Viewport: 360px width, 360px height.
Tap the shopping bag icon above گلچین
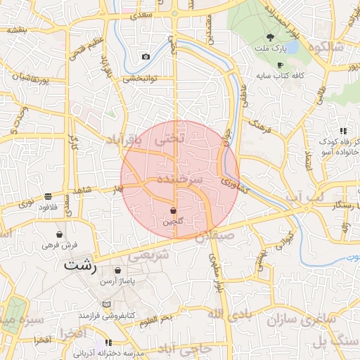(x=174, y=210)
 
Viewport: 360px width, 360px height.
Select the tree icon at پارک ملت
(x=272, y=37)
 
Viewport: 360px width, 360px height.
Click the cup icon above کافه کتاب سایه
(x=280, y=65)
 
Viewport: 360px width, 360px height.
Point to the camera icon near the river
(x=146, y=56)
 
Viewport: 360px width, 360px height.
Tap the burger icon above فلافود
(x=48, y=197)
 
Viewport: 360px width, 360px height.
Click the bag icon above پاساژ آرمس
(x=117, y=270)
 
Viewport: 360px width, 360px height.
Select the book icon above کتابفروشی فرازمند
(x=106, y=304)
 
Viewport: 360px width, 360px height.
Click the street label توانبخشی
(x=139, y=79)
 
